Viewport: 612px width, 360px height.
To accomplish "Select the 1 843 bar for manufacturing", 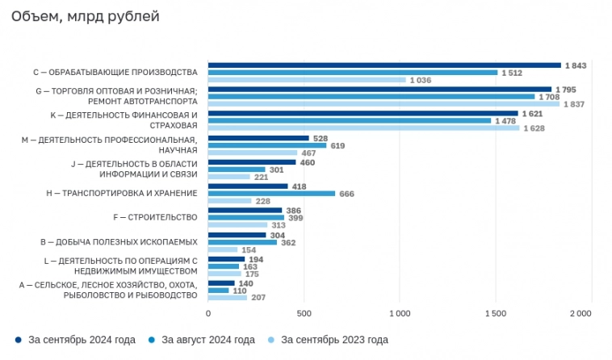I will [384, 65].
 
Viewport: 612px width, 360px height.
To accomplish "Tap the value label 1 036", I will [421, 80].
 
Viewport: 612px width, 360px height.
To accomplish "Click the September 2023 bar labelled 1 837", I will [384, 104].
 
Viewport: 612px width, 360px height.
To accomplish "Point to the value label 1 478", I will [505, 121].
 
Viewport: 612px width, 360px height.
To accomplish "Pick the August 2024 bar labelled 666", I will [271, 194].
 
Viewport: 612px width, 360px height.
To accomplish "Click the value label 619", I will [337, 145].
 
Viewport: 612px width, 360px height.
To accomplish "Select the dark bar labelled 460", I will [252, 162].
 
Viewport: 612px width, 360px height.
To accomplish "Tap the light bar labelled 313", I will [238, 225].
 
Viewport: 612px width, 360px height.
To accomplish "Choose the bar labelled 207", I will [228, 298].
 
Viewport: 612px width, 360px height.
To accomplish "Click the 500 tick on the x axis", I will [304, 313].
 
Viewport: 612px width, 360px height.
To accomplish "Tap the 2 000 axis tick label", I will [581, 313].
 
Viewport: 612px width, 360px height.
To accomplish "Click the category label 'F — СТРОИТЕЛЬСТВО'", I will [154, 217].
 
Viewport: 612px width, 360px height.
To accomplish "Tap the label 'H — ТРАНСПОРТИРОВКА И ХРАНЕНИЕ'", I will [122, 193].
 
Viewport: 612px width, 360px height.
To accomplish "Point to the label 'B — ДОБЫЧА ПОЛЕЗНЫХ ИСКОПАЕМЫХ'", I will [119, 242].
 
